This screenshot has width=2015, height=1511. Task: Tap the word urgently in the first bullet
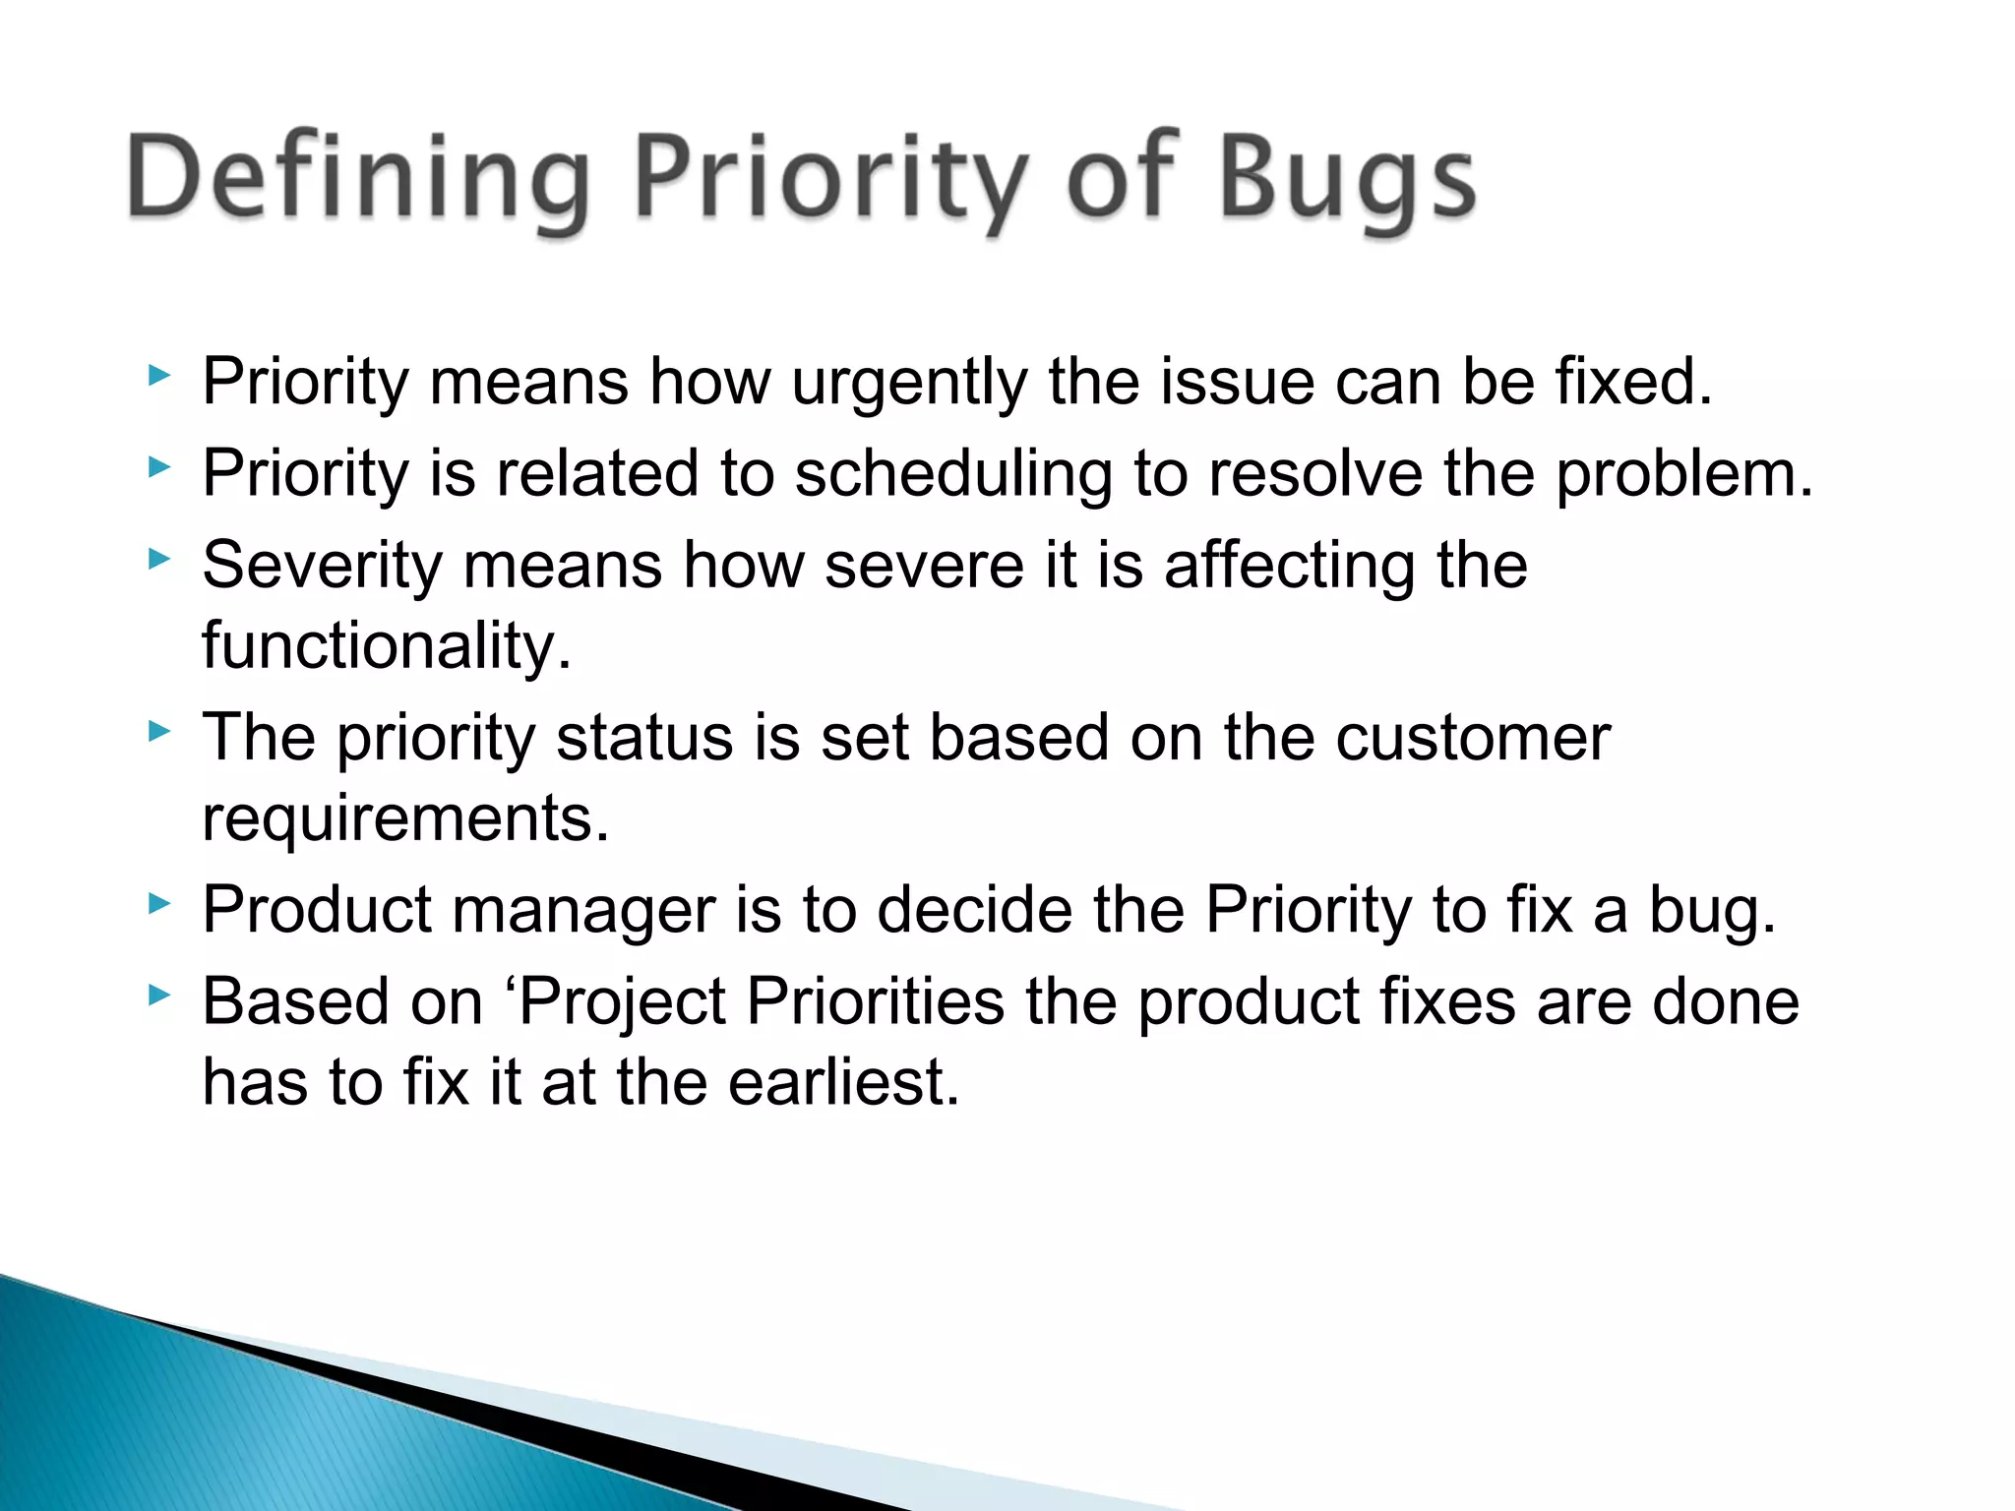(x=909, y=382)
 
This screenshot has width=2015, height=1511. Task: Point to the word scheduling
(x=953, y=474)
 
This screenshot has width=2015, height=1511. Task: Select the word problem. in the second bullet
(x=1684, y=474)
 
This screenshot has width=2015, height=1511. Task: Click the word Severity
(x=322, y=566)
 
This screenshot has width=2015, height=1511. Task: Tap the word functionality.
(x=387, y=646)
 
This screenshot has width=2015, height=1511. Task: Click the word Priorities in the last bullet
(x=875, y=1002)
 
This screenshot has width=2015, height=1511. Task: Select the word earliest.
(x=843, y=1083)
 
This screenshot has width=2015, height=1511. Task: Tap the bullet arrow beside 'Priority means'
(x=159, y=375)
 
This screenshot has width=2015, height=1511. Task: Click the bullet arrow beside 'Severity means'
(x=159, y=559)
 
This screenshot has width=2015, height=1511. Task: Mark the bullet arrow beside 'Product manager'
(x=159, y=903)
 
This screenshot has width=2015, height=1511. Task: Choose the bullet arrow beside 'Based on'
(x=159, y=996)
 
